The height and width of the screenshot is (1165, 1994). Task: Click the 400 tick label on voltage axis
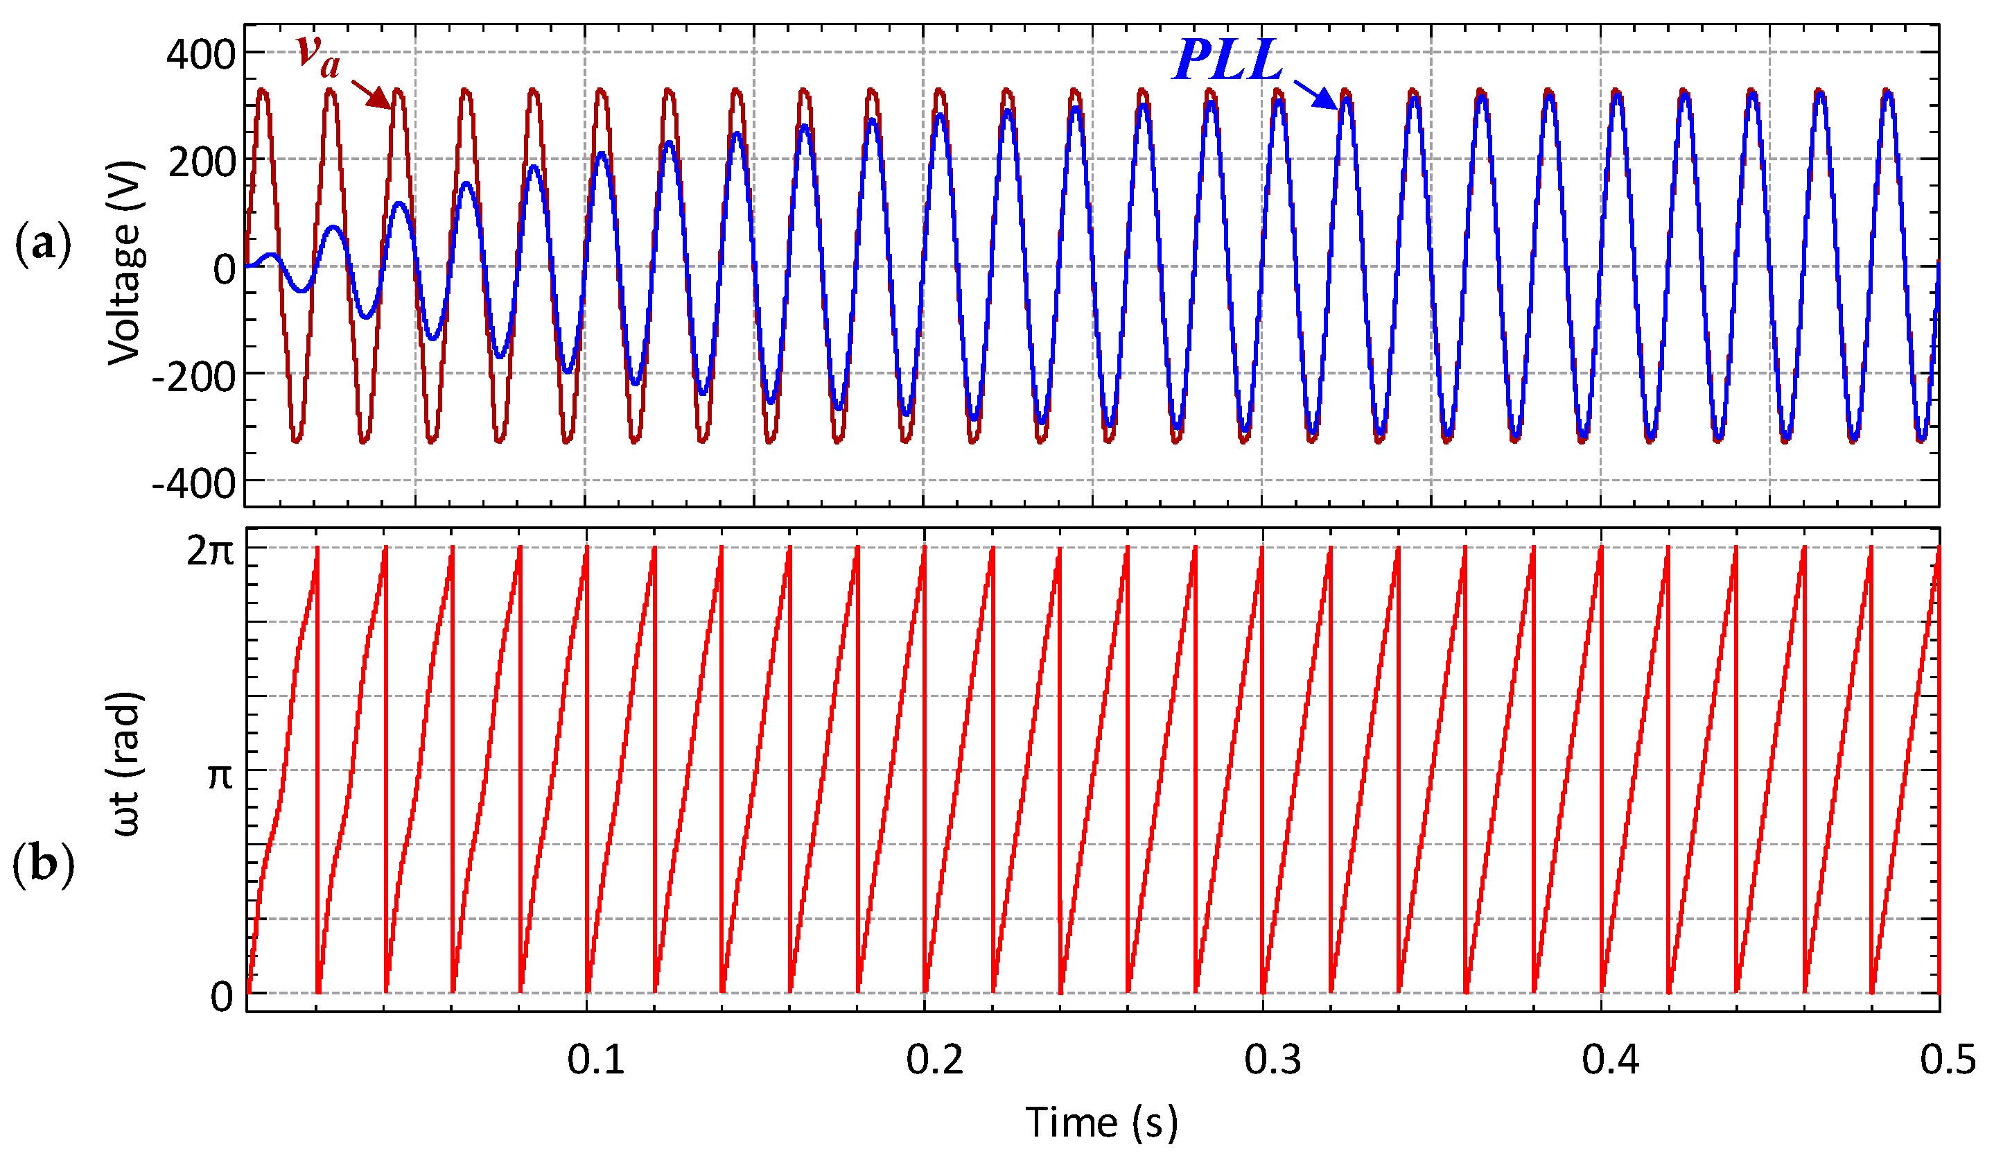pos(200,55)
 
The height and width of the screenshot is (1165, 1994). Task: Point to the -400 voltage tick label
pos(194,484)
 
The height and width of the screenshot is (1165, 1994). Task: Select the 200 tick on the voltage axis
pos(202,163)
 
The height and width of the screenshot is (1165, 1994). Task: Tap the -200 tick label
pos(194,377)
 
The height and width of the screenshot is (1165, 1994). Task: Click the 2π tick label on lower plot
pos(211,551)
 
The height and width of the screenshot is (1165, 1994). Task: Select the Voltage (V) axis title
pos(125,264)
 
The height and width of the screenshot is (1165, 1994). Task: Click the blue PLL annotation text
pos(1227,61)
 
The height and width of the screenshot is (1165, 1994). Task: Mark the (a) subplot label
pos(43,245)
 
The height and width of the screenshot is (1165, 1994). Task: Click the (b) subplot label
pos(43,864)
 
